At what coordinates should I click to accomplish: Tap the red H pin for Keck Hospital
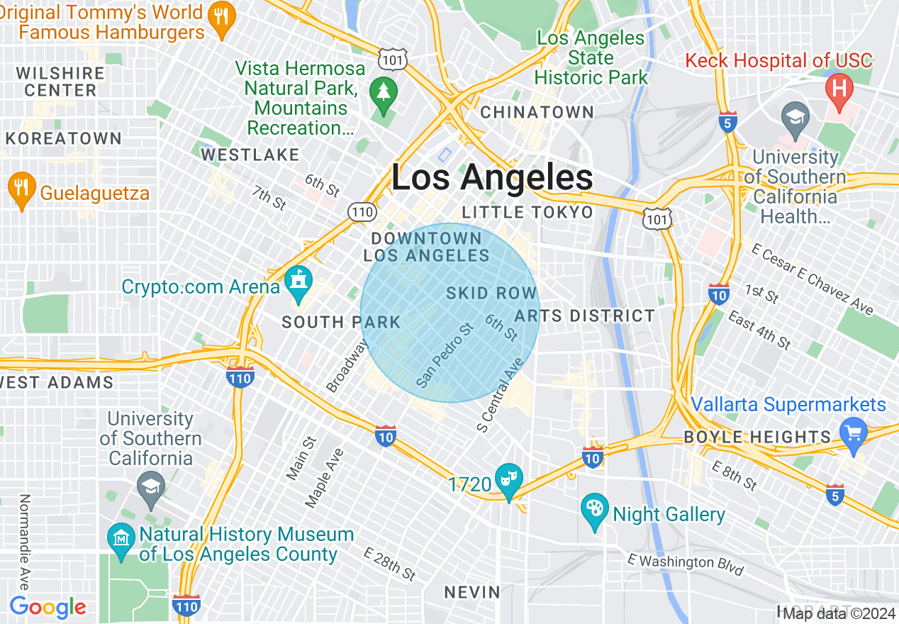(x=839, y=90)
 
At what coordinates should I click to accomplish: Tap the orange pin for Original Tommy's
(x=222, y=17)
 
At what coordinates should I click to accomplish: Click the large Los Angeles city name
(x=492, y=178)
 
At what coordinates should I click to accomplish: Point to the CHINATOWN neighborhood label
(x=537, y=112)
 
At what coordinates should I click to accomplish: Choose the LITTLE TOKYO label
(x=527, y=213)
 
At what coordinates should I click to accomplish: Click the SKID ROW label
(x=491, y=294)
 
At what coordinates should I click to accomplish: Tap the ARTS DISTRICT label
(x=585, y=316)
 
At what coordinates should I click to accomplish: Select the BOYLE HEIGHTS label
(x=757, y=437)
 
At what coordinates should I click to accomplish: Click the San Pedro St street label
(x=445, y=356)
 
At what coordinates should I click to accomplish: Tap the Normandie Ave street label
(x=24, y=542)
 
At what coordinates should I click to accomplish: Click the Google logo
(x=48, y=607)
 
